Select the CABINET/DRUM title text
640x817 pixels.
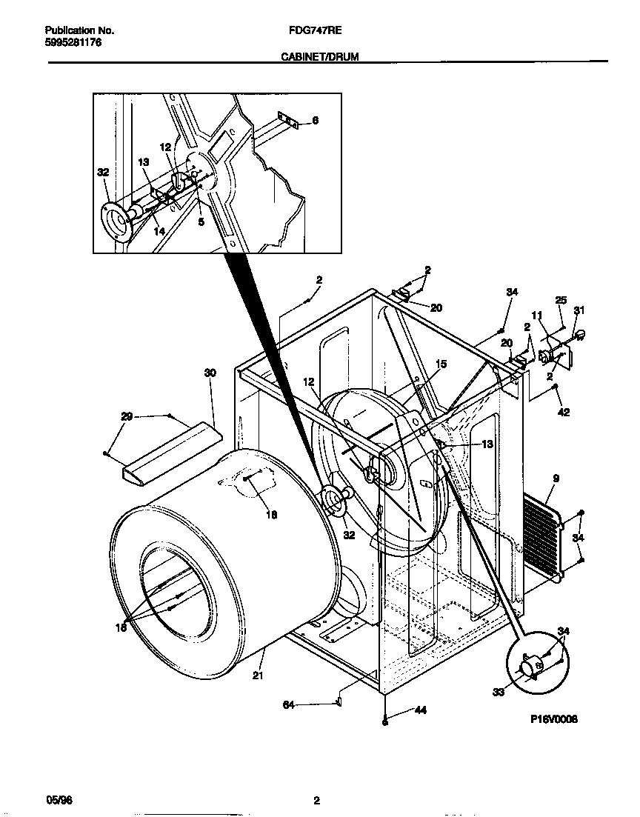click(319, 56)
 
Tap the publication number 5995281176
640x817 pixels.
click(73, 43)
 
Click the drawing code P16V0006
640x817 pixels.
click(553, 718)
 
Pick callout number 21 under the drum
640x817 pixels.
click(257, 675)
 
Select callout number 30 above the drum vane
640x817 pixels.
click(210, 373)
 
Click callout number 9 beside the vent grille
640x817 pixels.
click(555, 479)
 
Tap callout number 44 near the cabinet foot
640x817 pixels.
click(420, 710)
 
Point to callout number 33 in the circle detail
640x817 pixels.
click(499, 692)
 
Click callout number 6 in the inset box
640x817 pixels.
click(315, 121)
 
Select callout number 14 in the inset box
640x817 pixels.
click(159, 232)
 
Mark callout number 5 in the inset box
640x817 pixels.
click(200, 220)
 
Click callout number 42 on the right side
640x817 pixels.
click(564, 413)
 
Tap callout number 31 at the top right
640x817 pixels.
click(579, 310)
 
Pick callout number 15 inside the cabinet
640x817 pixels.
click(441, 364)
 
